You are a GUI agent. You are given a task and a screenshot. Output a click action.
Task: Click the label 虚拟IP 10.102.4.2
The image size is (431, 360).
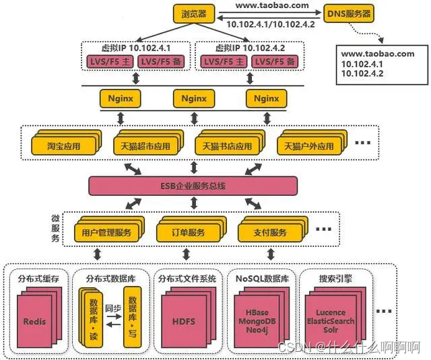click(x=248, y=48)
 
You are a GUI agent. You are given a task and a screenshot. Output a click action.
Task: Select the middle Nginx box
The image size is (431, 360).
click(x=194, y=98)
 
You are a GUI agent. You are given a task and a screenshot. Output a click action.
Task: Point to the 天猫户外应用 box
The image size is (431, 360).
click(x=306, y=146)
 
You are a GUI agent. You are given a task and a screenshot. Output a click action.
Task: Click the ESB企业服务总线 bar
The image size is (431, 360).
click(x=193, y=184)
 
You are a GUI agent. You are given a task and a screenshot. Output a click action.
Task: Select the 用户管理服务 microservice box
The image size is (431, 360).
click(x=106, y=233)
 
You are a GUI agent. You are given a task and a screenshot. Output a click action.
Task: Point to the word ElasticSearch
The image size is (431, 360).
click(x=331, y=322)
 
